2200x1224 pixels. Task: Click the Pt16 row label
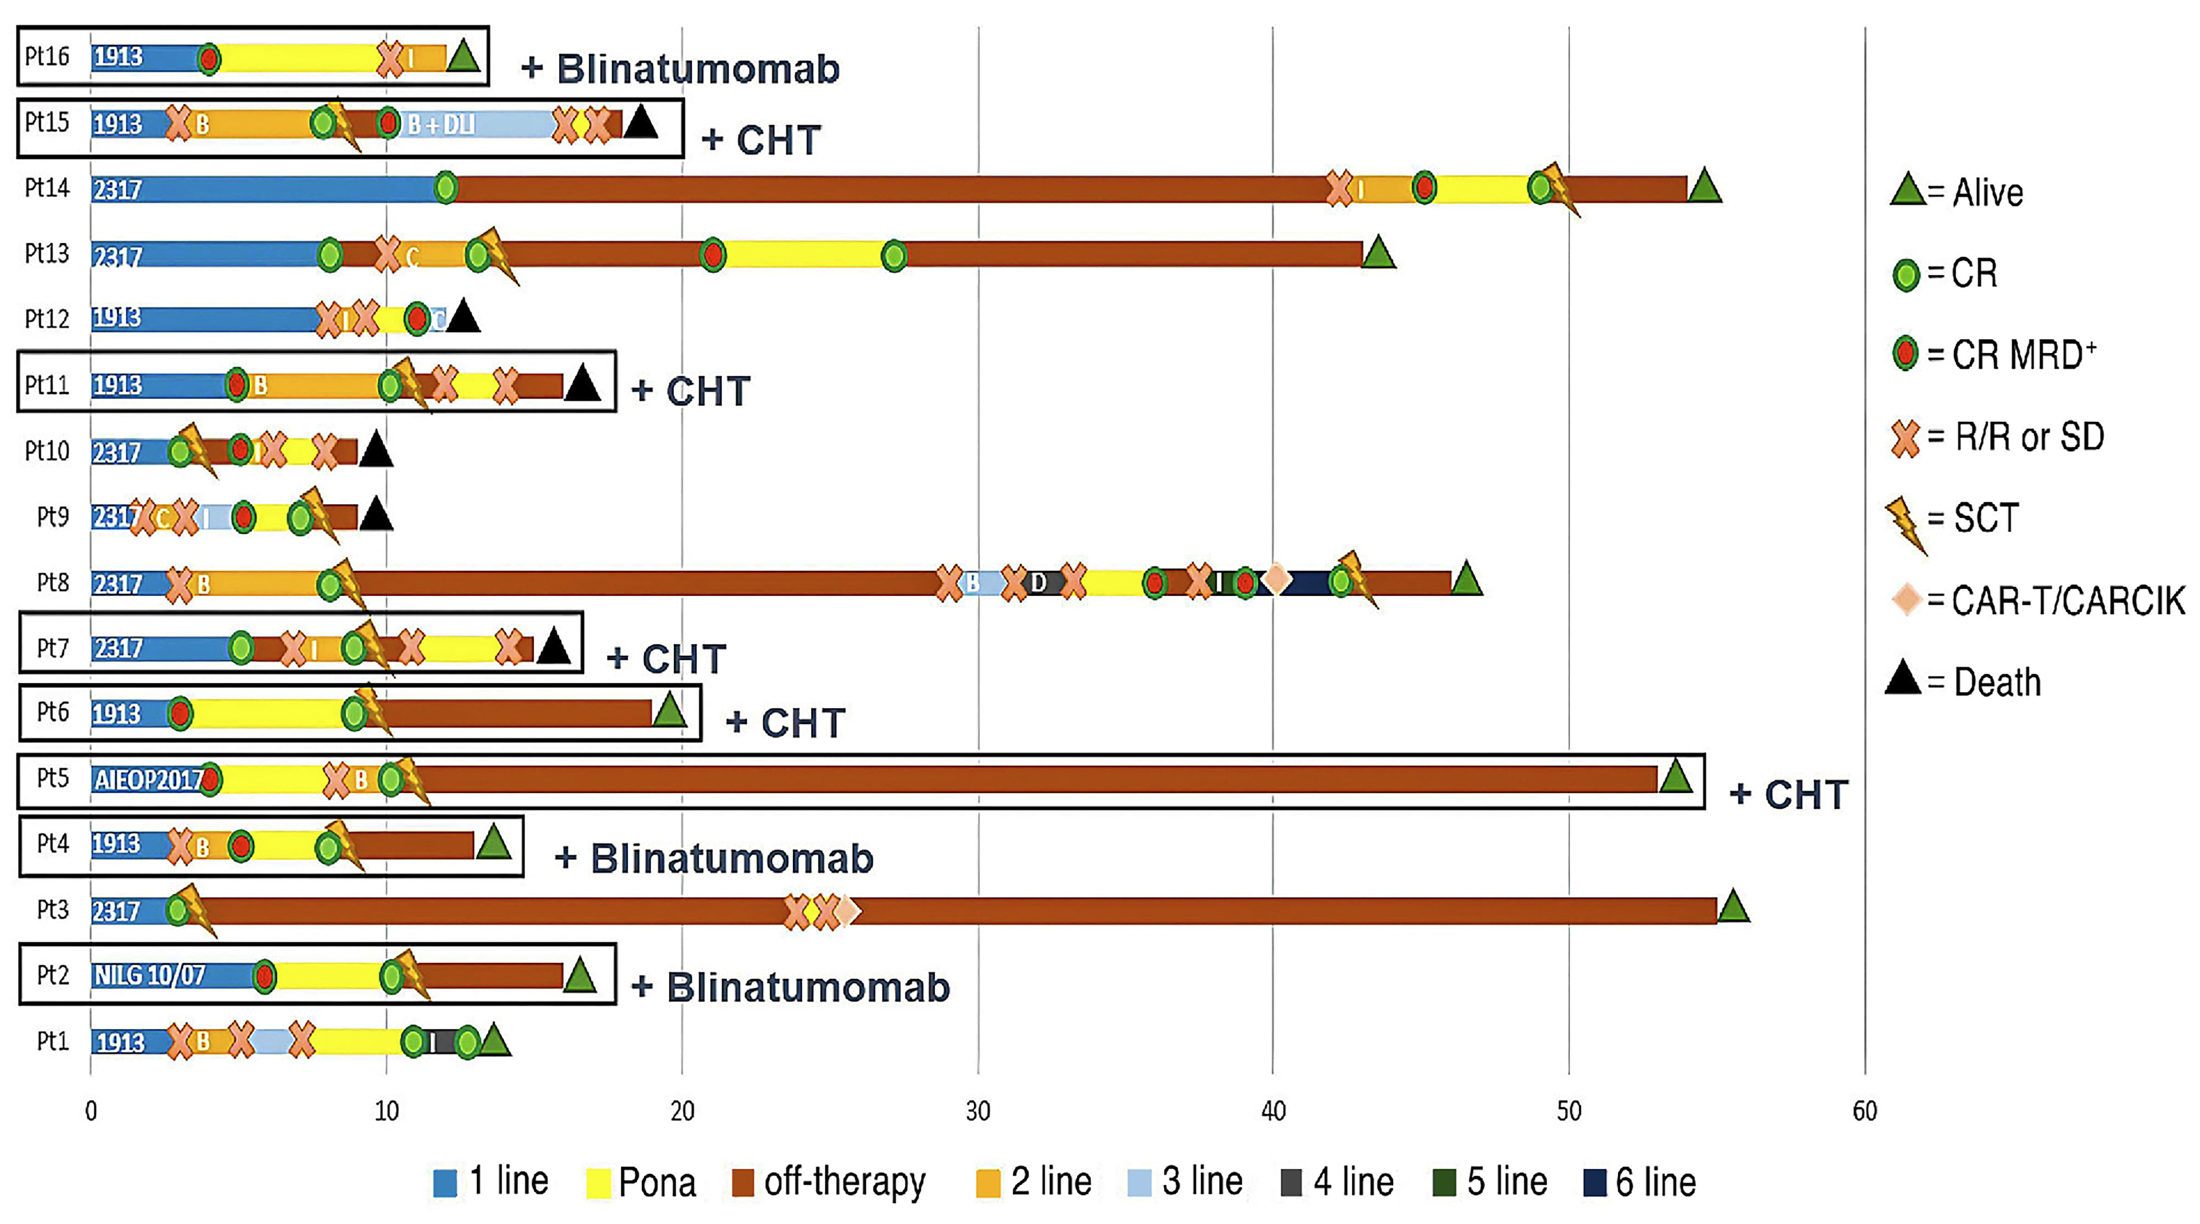click(x=47, y=56)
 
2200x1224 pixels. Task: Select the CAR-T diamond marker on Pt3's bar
click(x=846, y=912)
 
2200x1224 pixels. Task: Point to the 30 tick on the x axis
click(x=978, y=1111)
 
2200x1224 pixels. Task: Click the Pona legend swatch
click(x=599, y=1183)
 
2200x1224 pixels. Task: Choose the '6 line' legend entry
click(x=1640, y=1183)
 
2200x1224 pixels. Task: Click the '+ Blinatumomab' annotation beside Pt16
click(x=681, y=69)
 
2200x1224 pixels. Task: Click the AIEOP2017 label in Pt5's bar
click(x=148, y=780)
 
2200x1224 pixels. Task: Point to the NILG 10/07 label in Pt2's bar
click(x=150, y=976)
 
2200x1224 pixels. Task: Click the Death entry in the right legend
click(x=1964, y=681)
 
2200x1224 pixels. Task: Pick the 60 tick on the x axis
click(x=1864, y=1111)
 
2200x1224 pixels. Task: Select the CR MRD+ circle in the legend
click(x=1906, y=354)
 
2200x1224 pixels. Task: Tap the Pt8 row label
click(x=53, y=583)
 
